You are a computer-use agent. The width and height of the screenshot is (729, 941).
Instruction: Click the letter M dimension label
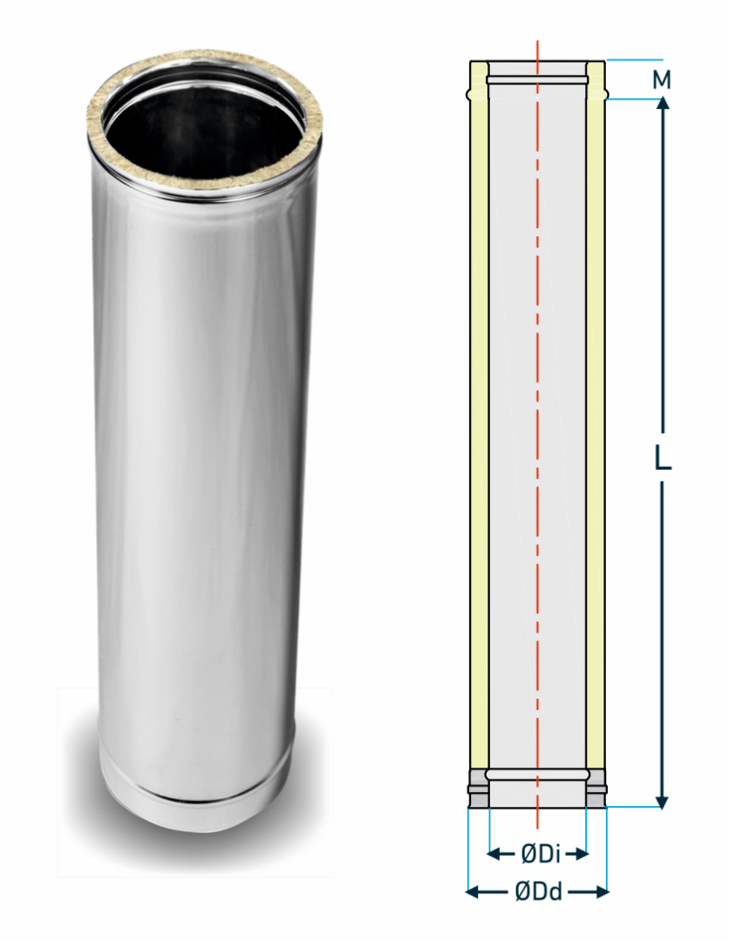[662, 80]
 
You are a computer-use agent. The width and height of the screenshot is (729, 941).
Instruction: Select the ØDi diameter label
[541, 853]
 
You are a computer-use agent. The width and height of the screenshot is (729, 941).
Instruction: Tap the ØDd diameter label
[539, 892]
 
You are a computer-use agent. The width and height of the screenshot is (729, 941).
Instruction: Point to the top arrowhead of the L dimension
[663, 103]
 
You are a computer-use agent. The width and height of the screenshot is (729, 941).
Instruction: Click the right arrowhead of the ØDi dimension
[581, 853]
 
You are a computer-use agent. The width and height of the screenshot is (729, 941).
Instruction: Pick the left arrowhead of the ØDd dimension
[474, 892]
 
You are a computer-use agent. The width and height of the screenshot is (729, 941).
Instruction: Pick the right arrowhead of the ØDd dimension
[602, 892]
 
